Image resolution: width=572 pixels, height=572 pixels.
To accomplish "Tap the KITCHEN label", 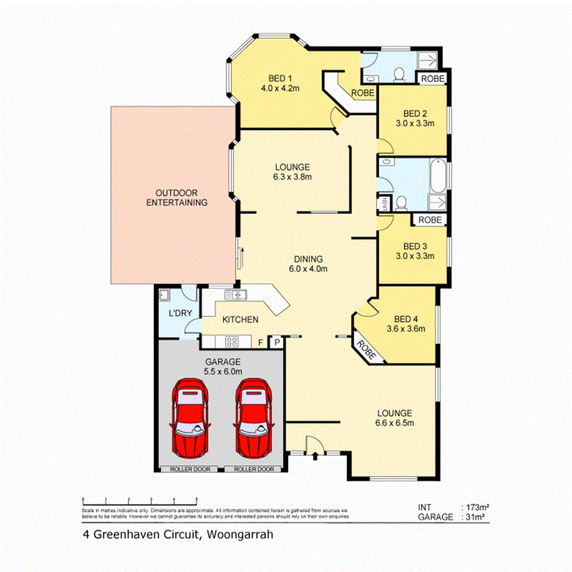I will [x=240, y=320].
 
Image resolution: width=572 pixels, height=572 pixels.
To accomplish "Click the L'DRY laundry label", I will [x=180, y=314].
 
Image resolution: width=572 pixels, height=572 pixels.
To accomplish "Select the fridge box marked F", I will [x=261, y=342].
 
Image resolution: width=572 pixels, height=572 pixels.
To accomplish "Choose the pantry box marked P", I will [x=277, y=342].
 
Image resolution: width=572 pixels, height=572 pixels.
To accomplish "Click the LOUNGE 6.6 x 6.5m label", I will [x=394, y=418].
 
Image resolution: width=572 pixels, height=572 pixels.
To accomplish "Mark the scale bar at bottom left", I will [x=139, y=500].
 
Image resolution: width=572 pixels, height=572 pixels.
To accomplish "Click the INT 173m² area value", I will [x=476, y=507].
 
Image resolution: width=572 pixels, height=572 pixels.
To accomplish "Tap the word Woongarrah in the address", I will [x=239, y=534].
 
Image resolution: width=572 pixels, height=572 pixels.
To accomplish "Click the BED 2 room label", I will [x=415, y=113].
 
